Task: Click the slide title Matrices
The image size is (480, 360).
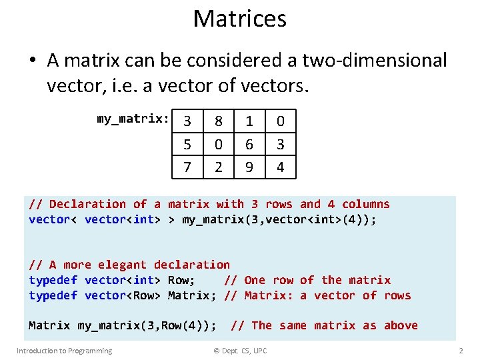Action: click(x=239, y=19)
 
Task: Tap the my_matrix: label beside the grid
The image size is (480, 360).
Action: click(x=133, y=119)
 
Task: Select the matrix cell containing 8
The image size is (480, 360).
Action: click(x=218, y=121)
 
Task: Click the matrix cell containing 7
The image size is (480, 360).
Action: click(x=187, y=167)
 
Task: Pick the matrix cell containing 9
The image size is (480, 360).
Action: click(x=249, y=167)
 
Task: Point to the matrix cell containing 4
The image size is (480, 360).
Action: click(x=281, y=167)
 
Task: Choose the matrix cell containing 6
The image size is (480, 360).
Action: click(x=249, y=144)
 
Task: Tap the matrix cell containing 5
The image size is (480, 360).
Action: click(x=187, y=144)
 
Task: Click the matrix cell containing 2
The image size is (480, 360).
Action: click(x=218, y=167)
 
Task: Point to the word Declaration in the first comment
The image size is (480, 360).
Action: click(x=87, y=204)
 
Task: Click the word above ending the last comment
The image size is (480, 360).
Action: click(x=401, y=325)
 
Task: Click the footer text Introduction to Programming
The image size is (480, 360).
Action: click(x=64, y=351)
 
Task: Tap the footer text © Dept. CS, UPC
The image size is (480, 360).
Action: click(x=235, y=351)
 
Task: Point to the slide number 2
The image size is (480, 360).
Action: click(x=461, y=351)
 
